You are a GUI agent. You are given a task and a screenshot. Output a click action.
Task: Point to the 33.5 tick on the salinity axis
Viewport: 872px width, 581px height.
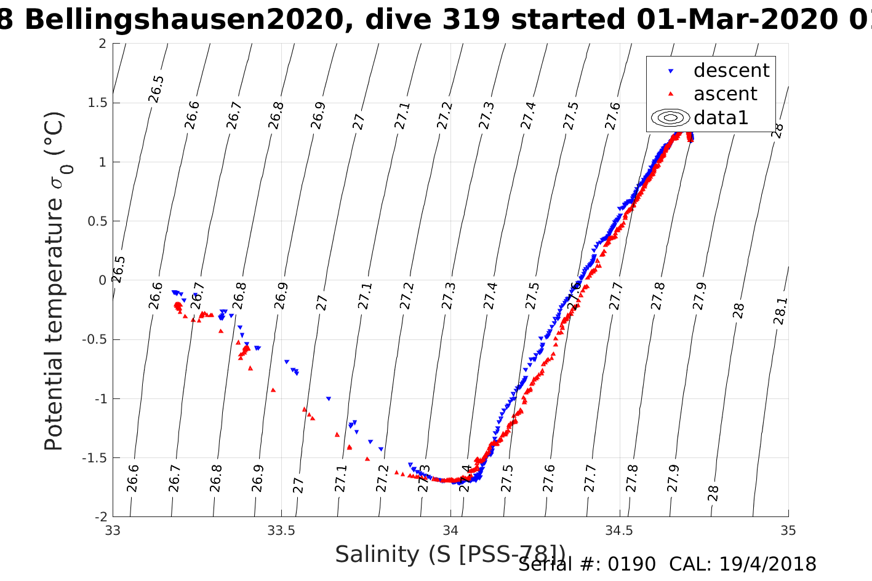[x=281, y=531]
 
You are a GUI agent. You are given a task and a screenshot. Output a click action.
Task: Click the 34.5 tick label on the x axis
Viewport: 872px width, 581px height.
[x=619, y=531]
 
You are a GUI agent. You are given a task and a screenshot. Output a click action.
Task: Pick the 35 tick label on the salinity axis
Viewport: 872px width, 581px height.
[x=788, y=531]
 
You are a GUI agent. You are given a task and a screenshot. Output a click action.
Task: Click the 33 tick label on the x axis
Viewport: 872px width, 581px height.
[x=113, y=531]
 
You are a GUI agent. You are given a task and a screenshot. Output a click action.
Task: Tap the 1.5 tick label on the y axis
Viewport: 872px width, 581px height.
[x=95, y=103]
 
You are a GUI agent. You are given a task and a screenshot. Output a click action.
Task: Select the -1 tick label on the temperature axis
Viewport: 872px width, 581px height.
[x=98, y=399]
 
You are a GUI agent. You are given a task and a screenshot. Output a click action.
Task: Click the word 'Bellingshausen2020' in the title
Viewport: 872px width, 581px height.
[x=183, y=20]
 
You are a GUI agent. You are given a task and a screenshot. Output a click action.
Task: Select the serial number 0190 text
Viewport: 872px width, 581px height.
[x=631, y=564]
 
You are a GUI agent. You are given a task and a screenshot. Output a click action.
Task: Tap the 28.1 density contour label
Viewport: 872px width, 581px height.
[x=780, y=311]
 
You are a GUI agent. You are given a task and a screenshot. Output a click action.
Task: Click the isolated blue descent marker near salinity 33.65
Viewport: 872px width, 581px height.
[x=329, y=399]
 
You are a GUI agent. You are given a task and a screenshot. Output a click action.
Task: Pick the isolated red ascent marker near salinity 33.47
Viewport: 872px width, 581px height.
[x=273, y=390]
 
